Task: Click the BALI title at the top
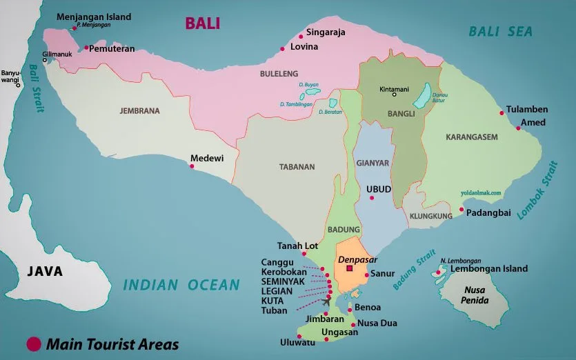click(202, 23)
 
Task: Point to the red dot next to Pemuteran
click(86, 48)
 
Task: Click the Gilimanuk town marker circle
click(45, 60)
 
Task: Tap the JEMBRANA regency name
click(139, 110)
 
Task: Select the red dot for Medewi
click(192, 165)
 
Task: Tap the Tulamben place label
click(527, 110)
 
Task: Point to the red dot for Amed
click(518, 127)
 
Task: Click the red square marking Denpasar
click(350, 269)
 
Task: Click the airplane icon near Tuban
click(326, 301)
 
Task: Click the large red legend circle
click(32, 343)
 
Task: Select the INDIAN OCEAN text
click(181, 285)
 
